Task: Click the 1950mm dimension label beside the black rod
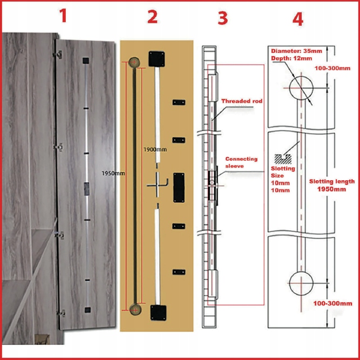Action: pos(113,173)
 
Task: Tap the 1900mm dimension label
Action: pos(155,148)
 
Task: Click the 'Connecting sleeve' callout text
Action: pos(241,162)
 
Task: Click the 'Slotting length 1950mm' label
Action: pos(332,185)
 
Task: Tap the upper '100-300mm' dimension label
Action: pos(332,69)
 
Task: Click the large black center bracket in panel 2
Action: pos(179,187)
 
